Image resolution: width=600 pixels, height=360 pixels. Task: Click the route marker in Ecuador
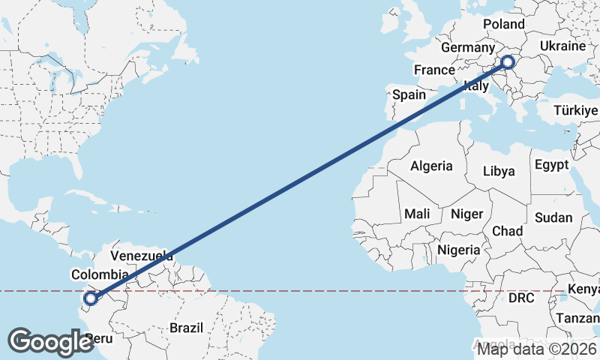90,298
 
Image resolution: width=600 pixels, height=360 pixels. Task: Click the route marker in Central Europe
508,63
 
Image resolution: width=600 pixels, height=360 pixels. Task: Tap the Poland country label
504,24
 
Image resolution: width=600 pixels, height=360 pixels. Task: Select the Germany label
468,48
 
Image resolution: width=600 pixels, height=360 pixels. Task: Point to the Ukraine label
562,46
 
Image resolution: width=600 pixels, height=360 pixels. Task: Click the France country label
435,70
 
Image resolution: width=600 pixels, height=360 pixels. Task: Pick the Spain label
409,94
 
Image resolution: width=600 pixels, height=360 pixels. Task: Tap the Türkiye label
576,110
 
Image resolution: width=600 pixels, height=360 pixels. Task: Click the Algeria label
431,166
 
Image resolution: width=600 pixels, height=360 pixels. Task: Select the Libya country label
499,171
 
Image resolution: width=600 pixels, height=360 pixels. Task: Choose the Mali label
417,214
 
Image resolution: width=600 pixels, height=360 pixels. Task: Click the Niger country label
466,214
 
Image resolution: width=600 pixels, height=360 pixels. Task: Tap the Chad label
507,231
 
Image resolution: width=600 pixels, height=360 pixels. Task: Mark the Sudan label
553,218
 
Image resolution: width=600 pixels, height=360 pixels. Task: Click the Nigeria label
458,249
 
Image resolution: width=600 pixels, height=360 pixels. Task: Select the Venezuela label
142,256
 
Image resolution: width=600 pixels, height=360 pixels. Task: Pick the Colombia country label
100,274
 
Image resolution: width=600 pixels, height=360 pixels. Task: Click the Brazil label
187,328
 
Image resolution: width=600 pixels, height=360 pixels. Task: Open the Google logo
51,341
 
